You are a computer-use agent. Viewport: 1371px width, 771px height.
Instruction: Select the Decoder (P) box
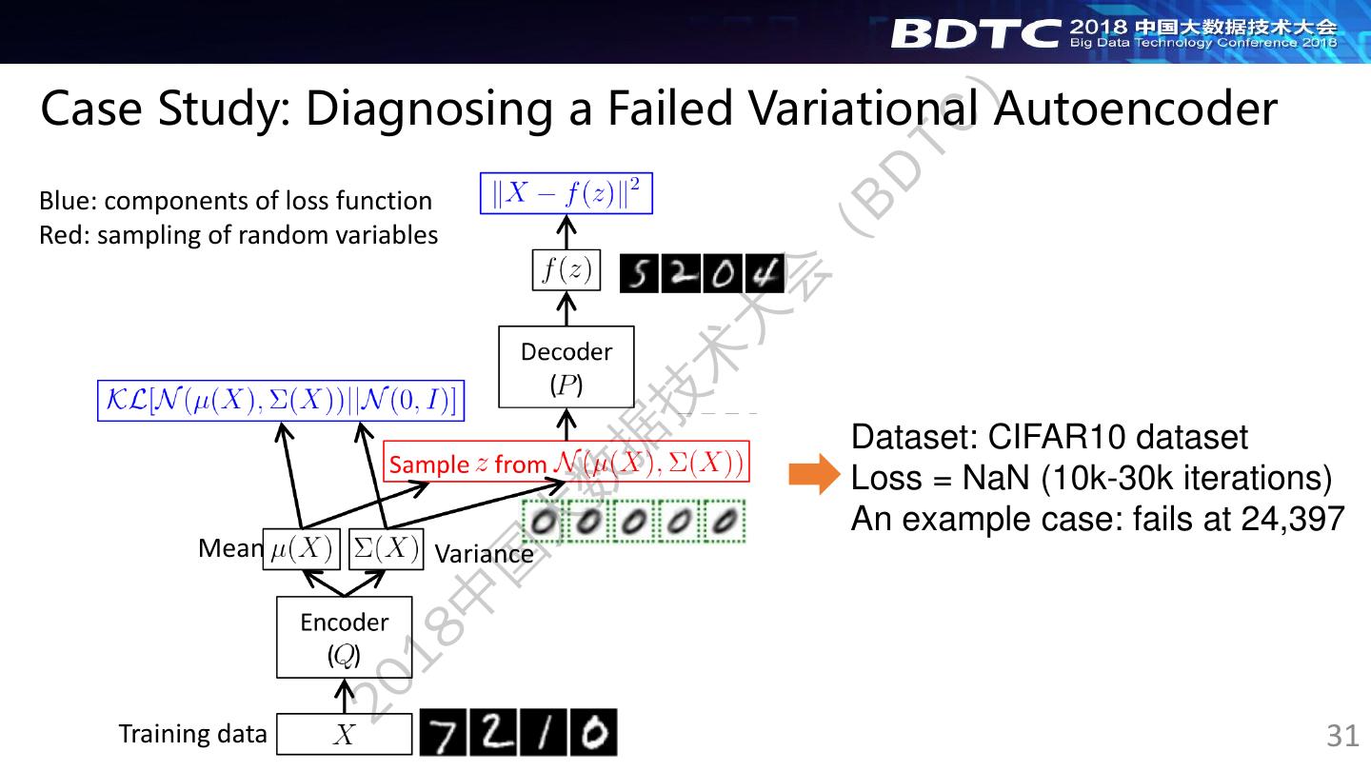tap(566, 366)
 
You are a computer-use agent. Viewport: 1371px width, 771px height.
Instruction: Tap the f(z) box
tap(566, 271)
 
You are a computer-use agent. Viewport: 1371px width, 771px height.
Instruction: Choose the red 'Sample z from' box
tap(566, 464)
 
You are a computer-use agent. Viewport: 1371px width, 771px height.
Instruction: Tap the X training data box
tap(344, 735)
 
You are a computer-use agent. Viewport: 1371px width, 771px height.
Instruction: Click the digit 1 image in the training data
tap(545, 734)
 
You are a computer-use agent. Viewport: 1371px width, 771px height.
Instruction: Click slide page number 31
tap(1342, 736)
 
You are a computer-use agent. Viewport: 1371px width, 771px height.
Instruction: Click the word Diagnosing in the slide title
tap(426, 109)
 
